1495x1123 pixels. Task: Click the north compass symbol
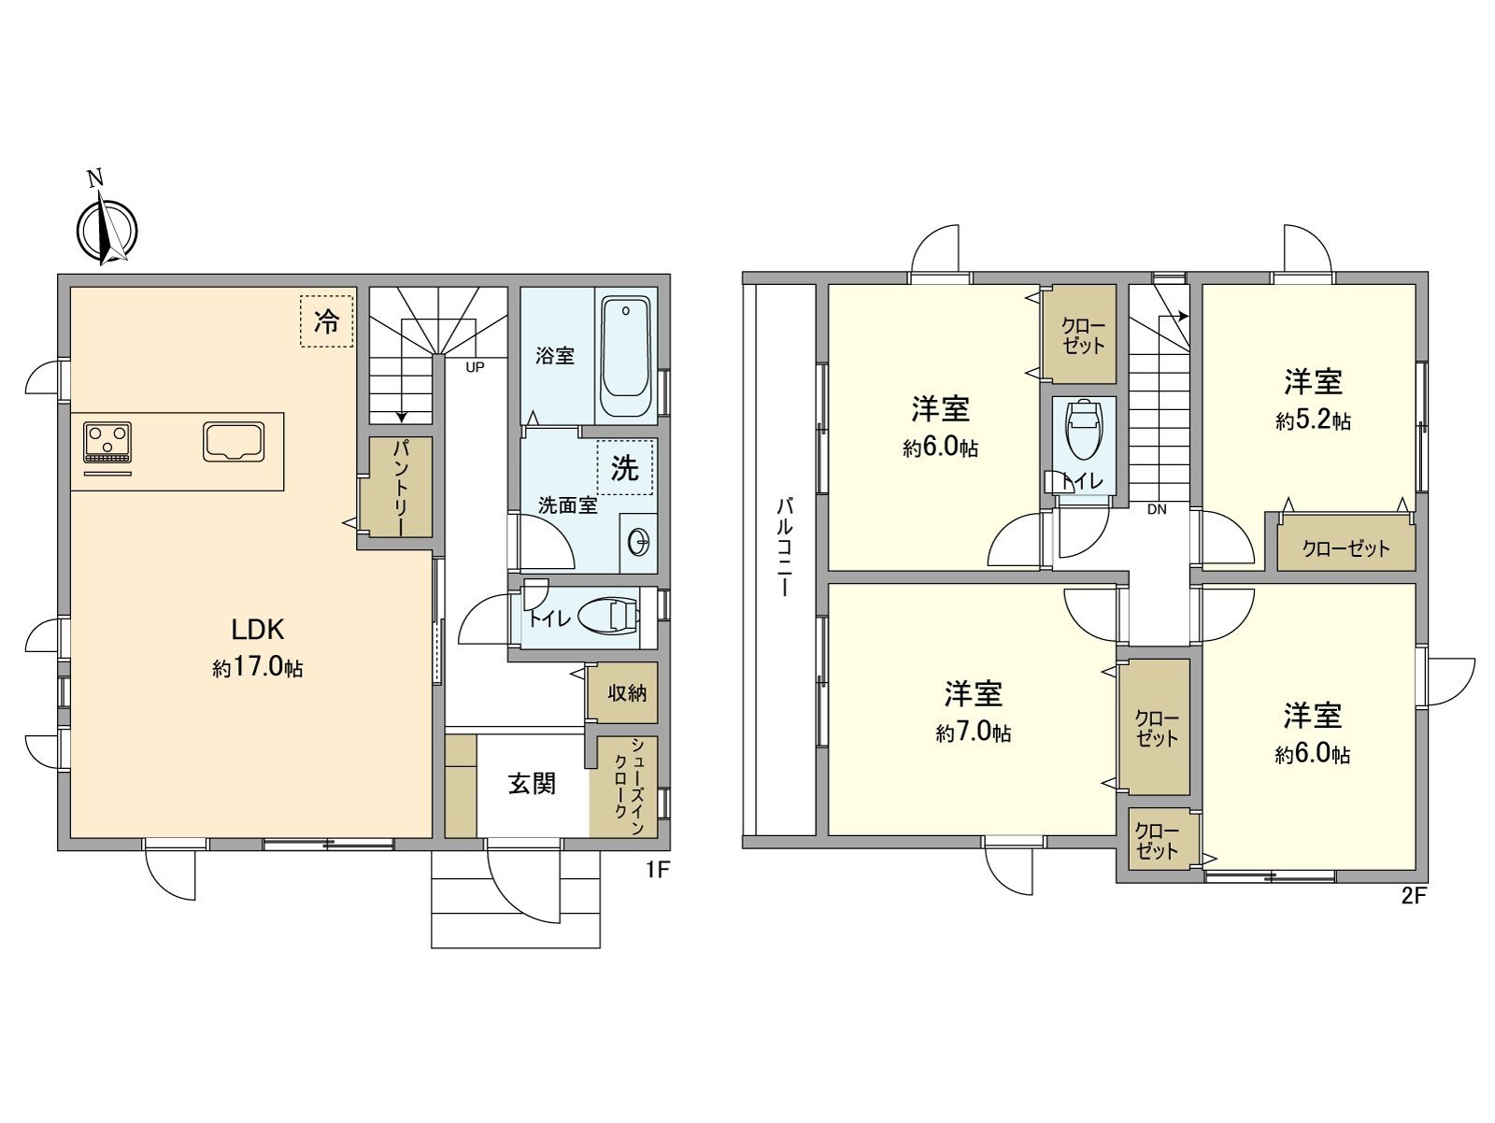pyautogui.click(x=107, y=230)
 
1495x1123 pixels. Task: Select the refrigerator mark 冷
pyautogui.click(x=327, y=322)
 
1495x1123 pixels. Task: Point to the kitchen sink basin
pyautogui.click(x=234, y=441)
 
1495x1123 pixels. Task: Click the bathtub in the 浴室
pyautogui.click(x=625, y=358)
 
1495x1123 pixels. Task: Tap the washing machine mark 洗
pyautogui.click(x=625, y=468)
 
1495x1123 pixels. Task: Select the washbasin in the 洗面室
pyautogui.click(x=641, y=541)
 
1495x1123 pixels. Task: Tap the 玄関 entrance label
pyautogui.click(x=532, y=783)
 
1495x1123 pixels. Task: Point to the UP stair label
pyautogui.click(x=475, y=367)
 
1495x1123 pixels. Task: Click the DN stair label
pyautogui.click(x=1157, y=510)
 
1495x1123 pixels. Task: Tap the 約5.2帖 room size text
pyautogui.click(x=1313, y=421)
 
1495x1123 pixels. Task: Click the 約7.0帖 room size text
pyautogui.click(x=973, y=733)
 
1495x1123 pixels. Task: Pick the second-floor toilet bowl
pyautogui.click(x=1083, y=432)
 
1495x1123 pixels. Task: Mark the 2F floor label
pyautogui.click(x=1413, y=897)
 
